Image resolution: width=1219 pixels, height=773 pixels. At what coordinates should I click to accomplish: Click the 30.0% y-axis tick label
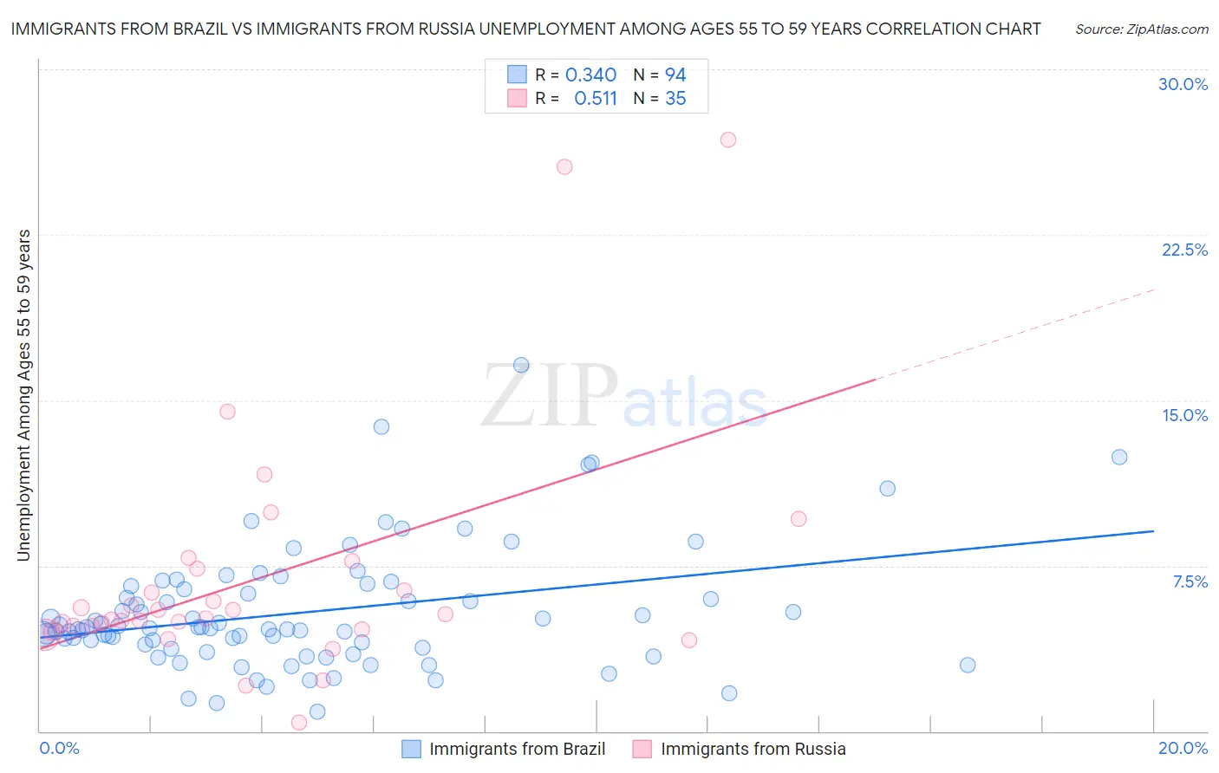(x=1183, y=84)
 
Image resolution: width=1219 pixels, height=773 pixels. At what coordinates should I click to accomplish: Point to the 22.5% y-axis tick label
(x=1184, y=250)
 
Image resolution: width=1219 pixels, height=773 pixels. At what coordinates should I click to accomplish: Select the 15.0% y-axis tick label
(x=1184, y=415)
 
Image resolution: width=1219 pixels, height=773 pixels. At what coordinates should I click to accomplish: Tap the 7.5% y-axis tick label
(x=1190, y=581)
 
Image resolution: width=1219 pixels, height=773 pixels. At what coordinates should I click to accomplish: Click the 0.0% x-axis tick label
(x=59, y=748)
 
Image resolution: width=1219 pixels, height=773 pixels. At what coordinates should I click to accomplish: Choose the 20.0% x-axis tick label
(x=1183, y=748)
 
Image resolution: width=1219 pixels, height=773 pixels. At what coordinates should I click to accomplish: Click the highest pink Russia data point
(x=728, y=140)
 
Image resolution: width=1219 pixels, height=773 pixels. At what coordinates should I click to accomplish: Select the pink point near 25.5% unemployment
(x=564, y=166)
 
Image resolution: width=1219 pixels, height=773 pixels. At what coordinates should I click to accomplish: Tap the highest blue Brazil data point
(x=521, y=365)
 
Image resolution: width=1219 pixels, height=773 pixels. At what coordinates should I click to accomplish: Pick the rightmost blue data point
(x=1119, y=457)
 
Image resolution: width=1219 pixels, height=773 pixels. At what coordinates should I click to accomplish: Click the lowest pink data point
(x=299, y=722)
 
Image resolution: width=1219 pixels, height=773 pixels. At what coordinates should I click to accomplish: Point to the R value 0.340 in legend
(x=590, y=75)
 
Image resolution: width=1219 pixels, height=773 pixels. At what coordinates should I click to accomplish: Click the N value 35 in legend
(x=675, y=99)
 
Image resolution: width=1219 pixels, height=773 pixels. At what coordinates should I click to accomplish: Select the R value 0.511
(x=596, y=99)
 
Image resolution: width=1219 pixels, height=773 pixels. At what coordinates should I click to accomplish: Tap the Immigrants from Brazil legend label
(x=517, y=749)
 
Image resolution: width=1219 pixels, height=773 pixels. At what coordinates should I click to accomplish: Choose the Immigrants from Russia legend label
(x=753, y=749)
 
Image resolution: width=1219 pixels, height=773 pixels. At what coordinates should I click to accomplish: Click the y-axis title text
(x=23, y=395)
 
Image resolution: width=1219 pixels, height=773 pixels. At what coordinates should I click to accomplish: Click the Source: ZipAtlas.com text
(x=1141, y=29)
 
